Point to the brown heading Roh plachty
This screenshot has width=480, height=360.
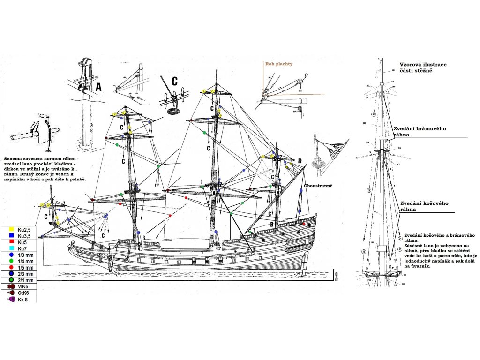pyautogui.click(x=279, y=64)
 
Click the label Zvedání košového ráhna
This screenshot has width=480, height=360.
pyautogui.click(x=425, y=206)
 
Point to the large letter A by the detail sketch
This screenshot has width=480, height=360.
pyautogui.click(x=98, y=87)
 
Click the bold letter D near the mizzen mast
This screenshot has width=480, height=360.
pyautogui.click(x=300, y=162)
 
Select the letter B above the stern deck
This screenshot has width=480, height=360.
pyautogui.click(x=272, y=225)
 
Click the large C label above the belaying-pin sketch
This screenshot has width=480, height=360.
pyautogui.click(x=174, y=81)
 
